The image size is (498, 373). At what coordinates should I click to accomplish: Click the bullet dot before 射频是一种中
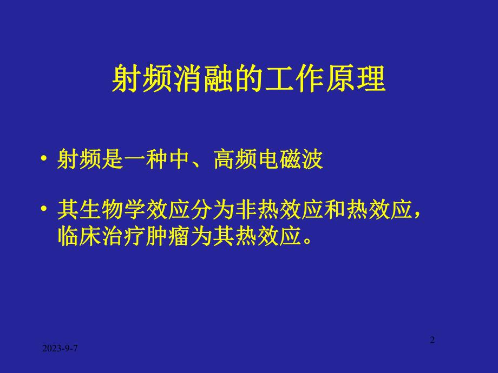44,162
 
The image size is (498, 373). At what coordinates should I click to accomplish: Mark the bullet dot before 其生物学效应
44,211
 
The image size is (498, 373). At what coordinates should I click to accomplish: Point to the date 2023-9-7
60,350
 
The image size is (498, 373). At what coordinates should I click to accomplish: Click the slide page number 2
432,340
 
